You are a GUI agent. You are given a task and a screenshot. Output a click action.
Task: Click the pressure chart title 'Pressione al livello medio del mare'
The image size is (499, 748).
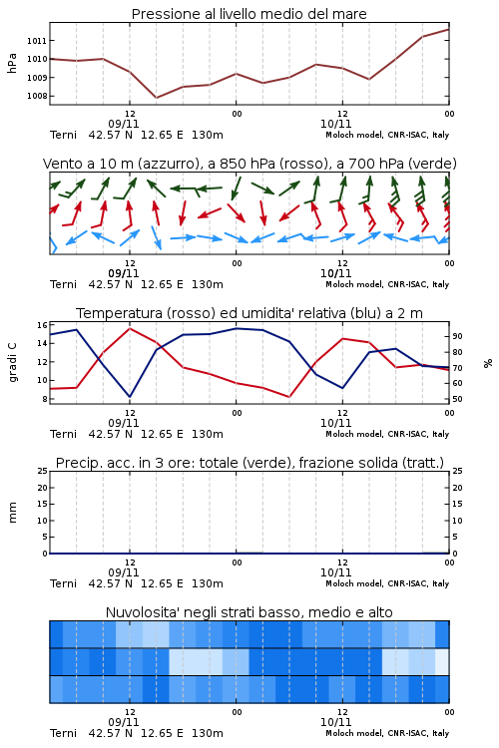tap(249, 14)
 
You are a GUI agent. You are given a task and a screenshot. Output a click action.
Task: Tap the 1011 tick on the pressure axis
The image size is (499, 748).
tap(37, 41)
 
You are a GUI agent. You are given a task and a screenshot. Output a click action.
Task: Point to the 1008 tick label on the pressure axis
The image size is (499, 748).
tap(37, 96)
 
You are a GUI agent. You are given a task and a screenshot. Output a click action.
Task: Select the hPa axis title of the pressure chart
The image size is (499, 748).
tap(12, 63)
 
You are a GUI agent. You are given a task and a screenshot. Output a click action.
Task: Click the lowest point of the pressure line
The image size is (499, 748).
tap(156, 98)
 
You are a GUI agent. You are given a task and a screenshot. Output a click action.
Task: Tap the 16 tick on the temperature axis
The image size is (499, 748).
tap(42, 325)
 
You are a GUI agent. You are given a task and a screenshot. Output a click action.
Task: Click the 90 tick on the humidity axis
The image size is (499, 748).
tap(457, 336)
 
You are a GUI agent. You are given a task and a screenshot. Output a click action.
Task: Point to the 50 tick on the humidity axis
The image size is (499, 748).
tap(457, 399)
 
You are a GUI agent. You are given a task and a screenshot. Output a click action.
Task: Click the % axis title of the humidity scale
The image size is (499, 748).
tap(488, 363)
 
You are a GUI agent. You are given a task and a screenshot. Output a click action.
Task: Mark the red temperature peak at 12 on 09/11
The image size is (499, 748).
tap(130, 328)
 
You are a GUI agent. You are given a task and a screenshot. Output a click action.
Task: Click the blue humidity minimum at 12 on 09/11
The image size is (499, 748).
tap(130, 397)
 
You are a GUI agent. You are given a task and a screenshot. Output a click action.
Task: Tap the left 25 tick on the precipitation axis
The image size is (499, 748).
tap(42, 471)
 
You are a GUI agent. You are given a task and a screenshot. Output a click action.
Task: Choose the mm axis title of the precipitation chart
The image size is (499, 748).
tap(12, 513)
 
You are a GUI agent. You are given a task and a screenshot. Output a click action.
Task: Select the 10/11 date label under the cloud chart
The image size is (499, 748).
tap(335, 722)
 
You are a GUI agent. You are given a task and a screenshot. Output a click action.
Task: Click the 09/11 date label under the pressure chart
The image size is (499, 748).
tap(124, 124)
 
